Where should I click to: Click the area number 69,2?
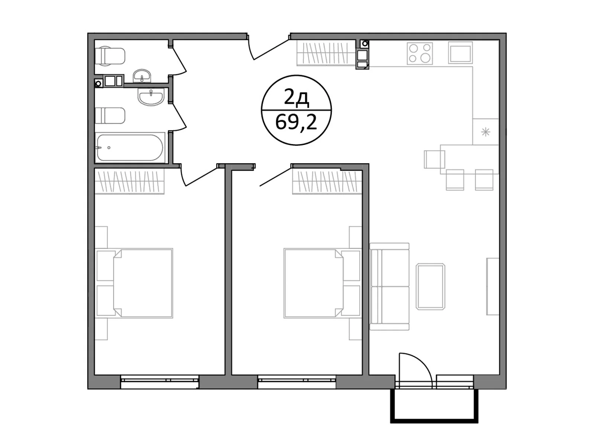pos(296,122)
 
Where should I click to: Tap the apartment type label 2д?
pos(296,98)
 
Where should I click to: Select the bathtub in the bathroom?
pos(129,148)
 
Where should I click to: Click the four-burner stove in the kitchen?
pos(420,53)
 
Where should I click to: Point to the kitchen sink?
pos(460,53)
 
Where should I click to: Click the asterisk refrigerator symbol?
pos(485,132)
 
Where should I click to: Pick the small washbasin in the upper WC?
pos(142,76)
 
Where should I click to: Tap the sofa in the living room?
pos(389,287)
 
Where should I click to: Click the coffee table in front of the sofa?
pos(431,286)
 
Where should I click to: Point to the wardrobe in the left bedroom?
pos(129,181)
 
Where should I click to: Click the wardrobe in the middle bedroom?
pos(327,181)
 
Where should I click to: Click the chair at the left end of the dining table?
pos(434,159)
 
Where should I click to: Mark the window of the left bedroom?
pos(160,382)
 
